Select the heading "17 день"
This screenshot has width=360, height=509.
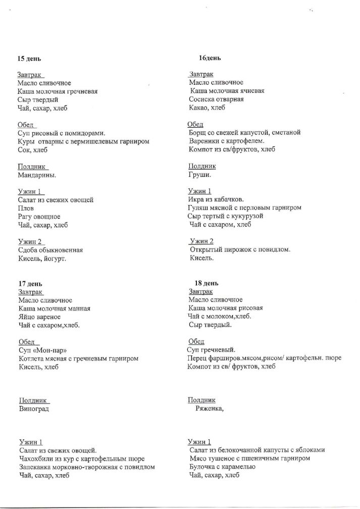[x=30, y=284]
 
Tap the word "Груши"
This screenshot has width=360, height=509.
[x=199, y=175]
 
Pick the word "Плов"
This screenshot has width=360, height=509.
[x=26, y=208]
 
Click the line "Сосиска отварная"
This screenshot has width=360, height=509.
[x=216, y=99]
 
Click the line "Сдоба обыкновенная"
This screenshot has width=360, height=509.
[x=50, y=250]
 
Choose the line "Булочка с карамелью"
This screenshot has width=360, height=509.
[x=222, y=467]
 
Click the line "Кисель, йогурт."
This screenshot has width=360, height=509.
[x=42, y=259]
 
